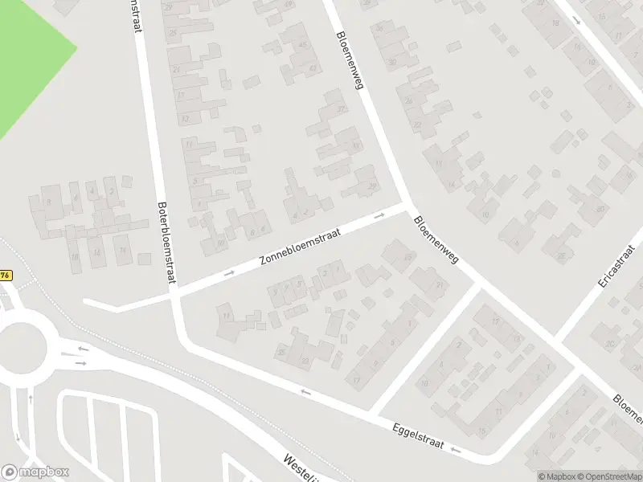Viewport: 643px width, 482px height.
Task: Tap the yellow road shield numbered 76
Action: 6,275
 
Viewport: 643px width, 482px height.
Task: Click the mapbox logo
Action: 35,472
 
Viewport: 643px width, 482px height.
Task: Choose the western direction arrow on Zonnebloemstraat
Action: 229,274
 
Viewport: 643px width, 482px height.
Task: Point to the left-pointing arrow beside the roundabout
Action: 81,349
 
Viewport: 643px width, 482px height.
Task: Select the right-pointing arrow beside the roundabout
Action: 81,363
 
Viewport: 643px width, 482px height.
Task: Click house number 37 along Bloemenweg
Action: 342,108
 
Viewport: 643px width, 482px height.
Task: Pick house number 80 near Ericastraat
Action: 600,209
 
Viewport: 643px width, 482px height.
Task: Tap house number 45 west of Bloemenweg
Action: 303,44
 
